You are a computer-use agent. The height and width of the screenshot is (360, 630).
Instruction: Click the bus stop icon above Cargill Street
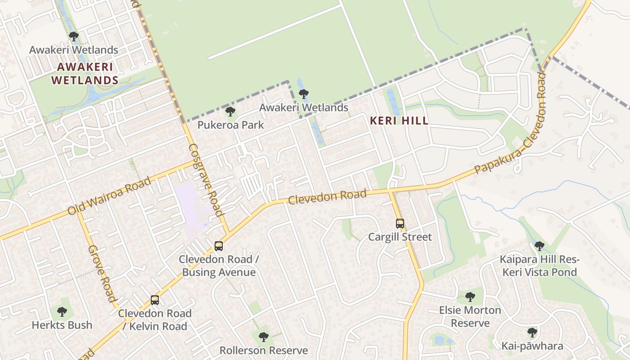(400, 223)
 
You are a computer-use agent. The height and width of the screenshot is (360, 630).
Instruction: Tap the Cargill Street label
(400, 237)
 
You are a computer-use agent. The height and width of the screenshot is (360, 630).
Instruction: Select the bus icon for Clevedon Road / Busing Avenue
(219, 246)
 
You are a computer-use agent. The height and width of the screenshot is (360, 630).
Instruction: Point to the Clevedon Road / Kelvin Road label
(155, 320)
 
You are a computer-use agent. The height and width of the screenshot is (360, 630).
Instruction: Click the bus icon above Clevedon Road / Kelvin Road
(155, 300)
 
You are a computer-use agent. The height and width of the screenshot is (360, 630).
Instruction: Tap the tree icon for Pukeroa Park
(230, 111)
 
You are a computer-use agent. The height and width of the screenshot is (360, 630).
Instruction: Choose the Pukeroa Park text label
(230, 125)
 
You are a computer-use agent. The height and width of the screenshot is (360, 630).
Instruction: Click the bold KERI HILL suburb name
(399, 121)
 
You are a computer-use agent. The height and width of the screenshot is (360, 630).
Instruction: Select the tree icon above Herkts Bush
(62, 311)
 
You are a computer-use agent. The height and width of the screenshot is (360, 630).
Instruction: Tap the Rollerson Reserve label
(264, 350)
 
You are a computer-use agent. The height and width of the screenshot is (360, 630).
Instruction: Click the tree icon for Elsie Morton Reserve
(470, 297)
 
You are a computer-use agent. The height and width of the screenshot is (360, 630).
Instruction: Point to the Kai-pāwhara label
(532, 346)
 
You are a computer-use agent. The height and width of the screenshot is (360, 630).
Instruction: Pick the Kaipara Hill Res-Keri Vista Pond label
(539, 266)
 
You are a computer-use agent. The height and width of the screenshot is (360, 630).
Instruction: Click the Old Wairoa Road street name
(109, 196)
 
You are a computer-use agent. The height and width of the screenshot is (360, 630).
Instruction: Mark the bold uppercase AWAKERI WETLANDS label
(85, 74)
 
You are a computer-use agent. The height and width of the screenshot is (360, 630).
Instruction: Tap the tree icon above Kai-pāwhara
(532, 333)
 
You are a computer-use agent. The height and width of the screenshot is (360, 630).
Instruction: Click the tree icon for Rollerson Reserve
(264, 337)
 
